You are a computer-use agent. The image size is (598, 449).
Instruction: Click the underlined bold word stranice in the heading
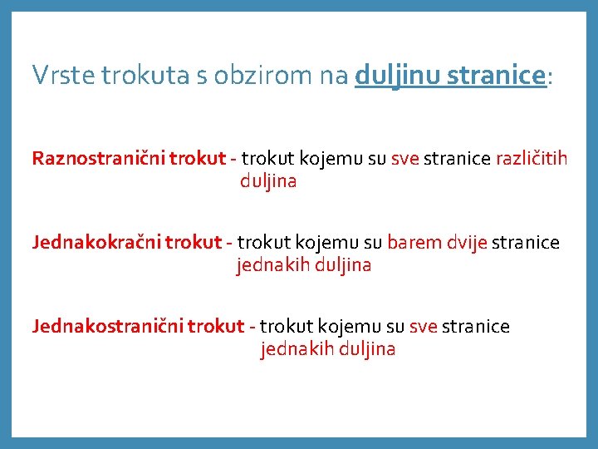[496, 76]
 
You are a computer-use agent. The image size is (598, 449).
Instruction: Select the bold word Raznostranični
[98, 158]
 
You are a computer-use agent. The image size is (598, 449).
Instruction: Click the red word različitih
[532, 158]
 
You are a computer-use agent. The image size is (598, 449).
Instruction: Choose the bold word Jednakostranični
[108, 326]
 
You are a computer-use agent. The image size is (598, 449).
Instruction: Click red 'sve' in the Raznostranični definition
[404, 158]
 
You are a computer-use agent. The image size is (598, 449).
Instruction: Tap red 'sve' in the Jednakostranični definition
[424, 326]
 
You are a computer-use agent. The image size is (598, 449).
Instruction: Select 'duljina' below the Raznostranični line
[267, 181]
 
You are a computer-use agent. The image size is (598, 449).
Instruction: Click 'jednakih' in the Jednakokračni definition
[272, 265]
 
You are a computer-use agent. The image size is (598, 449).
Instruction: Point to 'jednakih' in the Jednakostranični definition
[296, 349]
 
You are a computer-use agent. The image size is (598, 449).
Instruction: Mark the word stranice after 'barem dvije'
[526, 242]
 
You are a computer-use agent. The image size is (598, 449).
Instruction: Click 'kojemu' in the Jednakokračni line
[331, 242]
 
